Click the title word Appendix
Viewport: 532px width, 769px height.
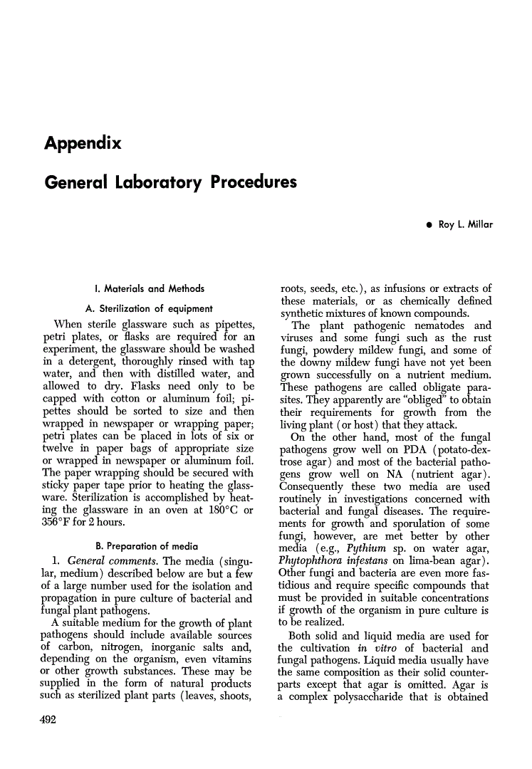click(83, 143)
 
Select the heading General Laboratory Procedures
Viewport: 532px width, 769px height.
click(170, 182)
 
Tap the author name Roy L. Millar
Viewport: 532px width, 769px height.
click(466, 225)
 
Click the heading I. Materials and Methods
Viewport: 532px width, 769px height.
click(149, 288)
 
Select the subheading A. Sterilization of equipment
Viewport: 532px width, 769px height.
click(149, 308)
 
